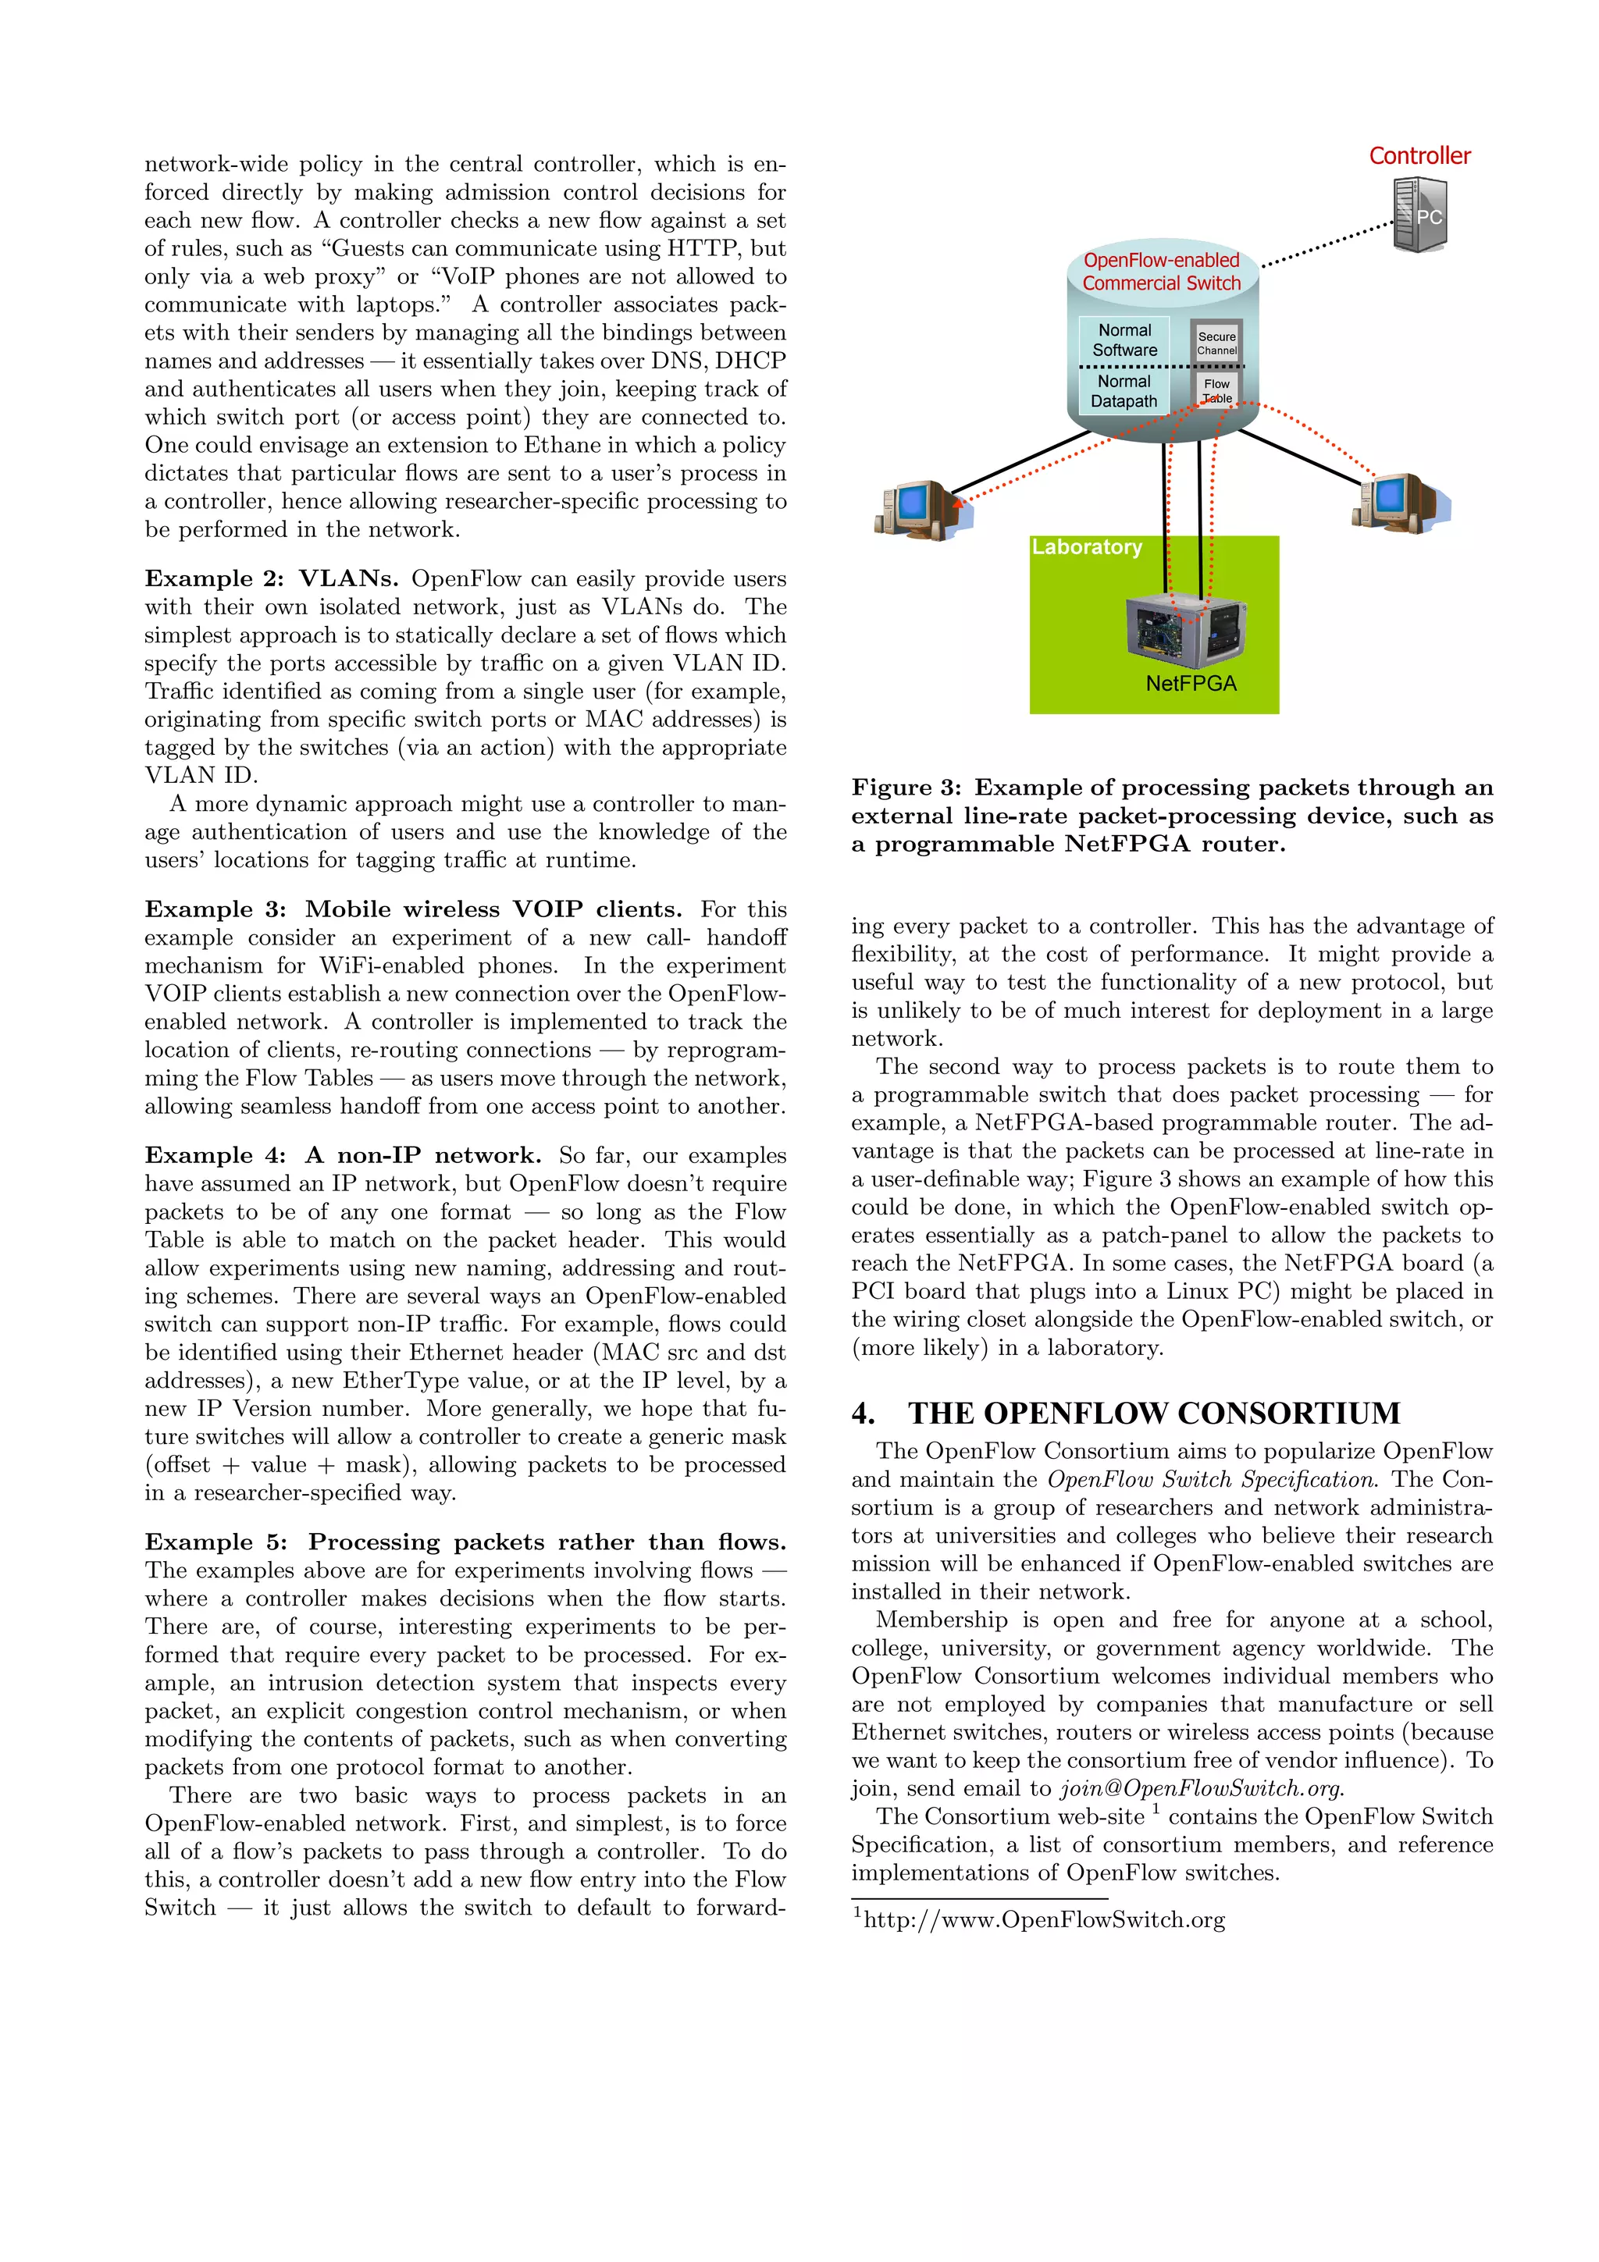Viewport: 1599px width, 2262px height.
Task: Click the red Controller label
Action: tap(1419, 155)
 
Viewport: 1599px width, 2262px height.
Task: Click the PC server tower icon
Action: tap(1421, 215)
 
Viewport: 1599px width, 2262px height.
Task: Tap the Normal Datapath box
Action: tap(1124, 391)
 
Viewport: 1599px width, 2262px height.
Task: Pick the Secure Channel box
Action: tap(1216, 343)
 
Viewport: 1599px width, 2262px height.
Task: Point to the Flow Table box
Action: tap(1216, 390)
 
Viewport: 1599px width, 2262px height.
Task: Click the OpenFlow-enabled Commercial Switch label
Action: tap(1162, 271)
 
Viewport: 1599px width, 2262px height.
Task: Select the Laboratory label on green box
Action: tap(1087, 547)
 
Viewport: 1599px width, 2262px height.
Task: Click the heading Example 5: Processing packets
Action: tap(465, 1542)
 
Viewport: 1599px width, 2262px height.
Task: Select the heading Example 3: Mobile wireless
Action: tap(413, 909)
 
